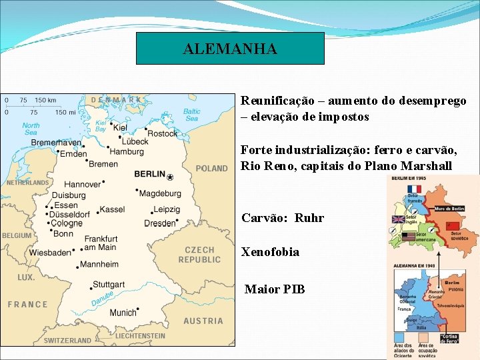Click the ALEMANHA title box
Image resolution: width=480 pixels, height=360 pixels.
pyautogui.click(x=230, y=49)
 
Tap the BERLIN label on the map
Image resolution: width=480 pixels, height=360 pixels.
pyautogui.click(x=149, y=174)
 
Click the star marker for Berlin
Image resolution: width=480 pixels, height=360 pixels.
pyautogui.click(x=170, y=177)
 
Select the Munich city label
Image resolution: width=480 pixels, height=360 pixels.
pyautogui.click(x=123, y=313)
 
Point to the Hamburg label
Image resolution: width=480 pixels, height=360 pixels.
pyautogui.click(x=127, y=152)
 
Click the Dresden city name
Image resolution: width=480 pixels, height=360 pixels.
pyautogui.click(x=160, y=223)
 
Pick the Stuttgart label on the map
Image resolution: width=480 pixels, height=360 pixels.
pyautogui.click(x=109, y=285)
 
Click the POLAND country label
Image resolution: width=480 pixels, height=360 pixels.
pyautogui.click(x=211, y=169)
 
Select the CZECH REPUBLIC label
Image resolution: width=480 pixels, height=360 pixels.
pyautogui.click(x=199, y=255)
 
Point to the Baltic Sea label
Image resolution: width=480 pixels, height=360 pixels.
pyautogui.click(x=191, y=115)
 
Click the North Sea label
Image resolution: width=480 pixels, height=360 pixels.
pyautogui.click(x=31, y=129)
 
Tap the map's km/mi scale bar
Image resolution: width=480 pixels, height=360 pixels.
pyautogui.click(x=40, y=107)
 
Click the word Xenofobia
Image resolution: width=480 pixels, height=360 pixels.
pyautogui.click(x=270, y=252)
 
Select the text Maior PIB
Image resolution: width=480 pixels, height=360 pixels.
pyautogui.click(x=275, y=289)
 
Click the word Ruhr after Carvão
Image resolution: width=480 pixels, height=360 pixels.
pyautogui.click(x=309, y=218)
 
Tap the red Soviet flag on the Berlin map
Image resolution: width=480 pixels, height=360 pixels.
pyautogui.click(x=453, y=227)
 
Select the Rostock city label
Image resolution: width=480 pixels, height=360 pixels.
pyautogui.click(x=162, y=133)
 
